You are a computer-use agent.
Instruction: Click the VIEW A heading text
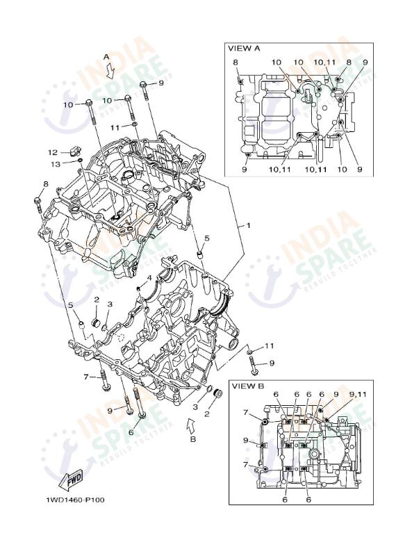point(244,49)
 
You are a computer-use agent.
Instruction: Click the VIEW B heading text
point(247,385)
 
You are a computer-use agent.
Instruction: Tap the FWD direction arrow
point(72,480)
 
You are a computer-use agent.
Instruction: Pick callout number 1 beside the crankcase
point(247,226)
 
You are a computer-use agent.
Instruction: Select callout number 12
point(53,151)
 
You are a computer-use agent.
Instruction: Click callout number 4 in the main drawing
point(149,279)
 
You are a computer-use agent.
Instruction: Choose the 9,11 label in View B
point(358,394)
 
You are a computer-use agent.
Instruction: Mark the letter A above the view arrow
point(106,56)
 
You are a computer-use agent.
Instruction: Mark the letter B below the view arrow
point(193,439)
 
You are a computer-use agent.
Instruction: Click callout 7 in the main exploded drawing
point(86,377)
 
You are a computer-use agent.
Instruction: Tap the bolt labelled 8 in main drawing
point(38,203)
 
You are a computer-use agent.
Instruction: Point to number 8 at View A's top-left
point(236,63)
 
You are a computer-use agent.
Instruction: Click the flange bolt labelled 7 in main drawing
point(106,381)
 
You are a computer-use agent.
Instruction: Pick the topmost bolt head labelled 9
point(144,86)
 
